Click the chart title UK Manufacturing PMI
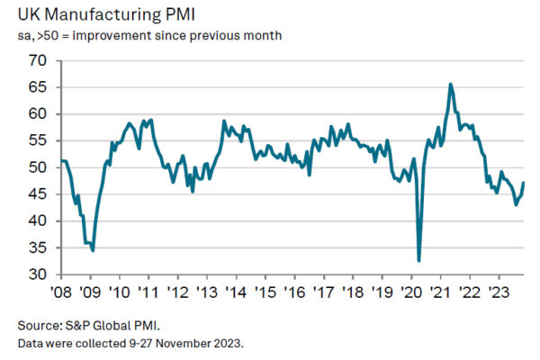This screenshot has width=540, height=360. tap(106, 14)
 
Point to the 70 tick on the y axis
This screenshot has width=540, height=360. tap(38, 61)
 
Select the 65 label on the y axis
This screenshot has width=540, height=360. tap(38, 88)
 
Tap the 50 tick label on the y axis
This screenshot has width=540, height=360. tap(38, 167)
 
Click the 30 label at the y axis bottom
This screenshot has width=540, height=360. tap(38, 274)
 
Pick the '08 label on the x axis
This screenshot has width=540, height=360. tap(60, 292)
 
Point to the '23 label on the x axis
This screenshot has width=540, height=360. tap(498, 292)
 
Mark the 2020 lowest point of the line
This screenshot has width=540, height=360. tap(419, 260)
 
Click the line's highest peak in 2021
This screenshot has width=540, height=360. tap(450, 85)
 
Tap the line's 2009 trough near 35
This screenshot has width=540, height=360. tap(93, 249)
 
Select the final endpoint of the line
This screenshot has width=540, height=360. tap(524, 184)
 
